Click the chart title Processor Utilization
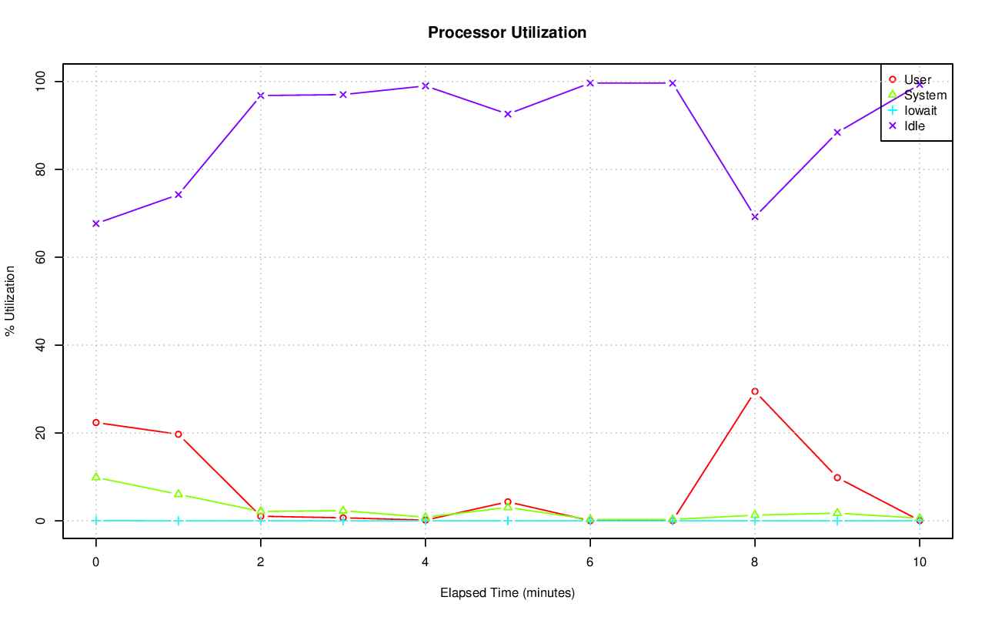[x=507, y=33]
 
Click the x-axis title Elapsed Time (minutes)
[x=507, y=593]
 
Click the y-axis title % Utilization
[x=11, y=301]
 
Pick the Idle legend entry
[x=914, y=126]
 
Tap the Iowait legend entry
[x=920, y=110]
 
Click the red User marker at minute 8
[x=755, y=391]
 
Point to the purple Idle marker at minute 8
[x=755, y=216]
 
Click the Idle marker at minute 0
[x=96, y=223]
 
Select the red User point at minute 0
[x=96, y=422]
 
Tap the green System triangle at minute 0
[x=96, y=477]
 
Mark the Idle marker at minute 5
[x=508, y=114]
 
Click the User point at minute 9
[x=837, y=478]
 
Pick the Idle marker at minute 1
[x=179, y=194]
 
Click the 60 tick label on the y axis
[x=41, y=257]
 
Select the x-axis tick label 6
[x=590, y=562]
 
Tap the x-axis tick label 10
[x=919, y=562]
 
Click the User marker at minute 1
[x=179, y=434]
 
